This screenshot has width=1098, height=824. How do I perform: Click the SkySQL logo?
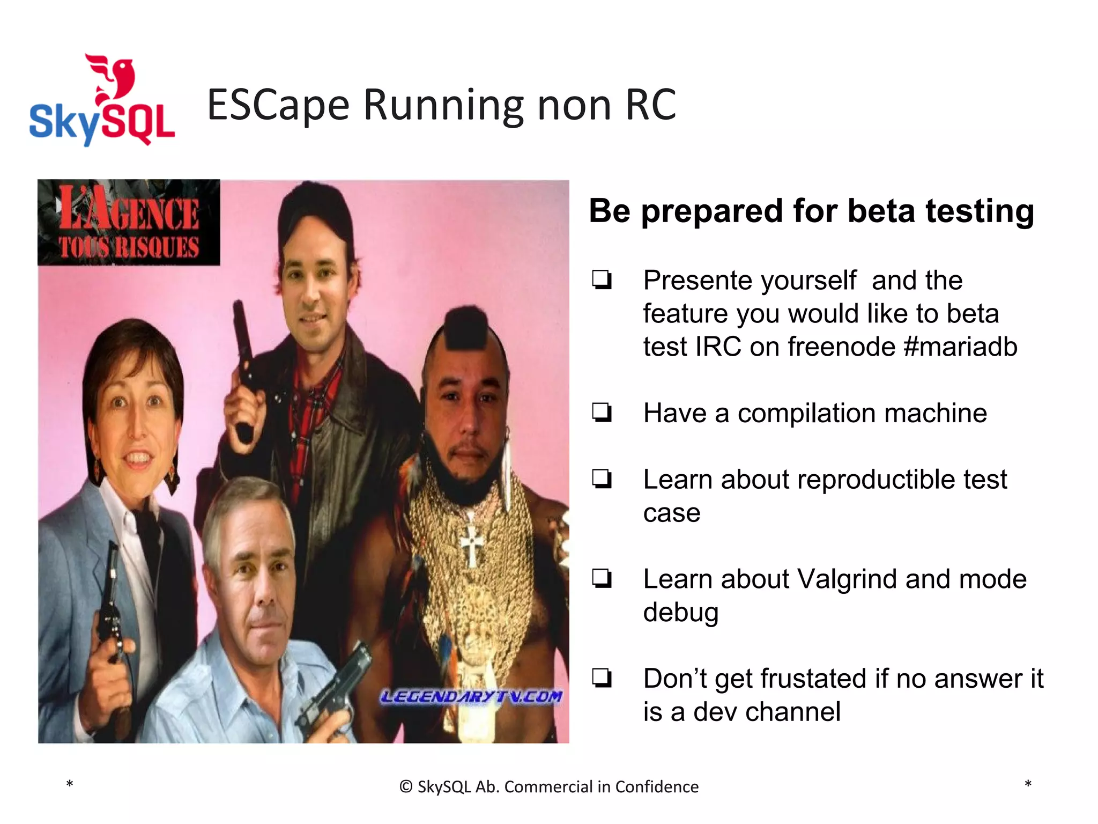102,102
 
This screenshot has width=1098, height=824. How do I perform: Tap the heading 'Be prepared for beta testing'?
811,211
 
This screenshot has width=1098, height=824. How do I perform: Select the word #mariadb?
960,347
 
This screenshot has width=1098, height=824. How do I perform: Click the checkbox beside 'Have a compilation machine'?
602,413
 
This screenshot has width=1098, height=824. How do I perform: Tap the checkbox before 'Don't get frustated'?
602,678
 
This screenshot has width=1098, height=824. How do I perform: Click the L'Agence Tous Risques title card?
129,223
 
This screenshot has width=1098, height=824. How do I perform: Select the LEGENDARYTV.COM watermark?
471,697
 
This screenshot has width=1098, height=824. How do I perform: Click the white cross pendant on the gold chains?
472,545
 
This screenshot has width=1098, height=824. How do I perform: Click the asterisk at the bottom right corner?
1028,784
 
